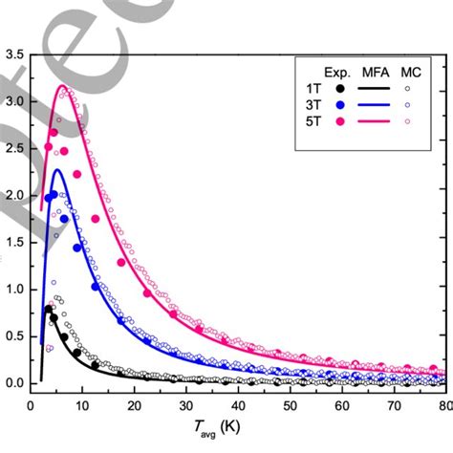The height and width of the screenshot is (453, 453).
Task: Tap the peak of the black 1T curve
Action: coord(47,307)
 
